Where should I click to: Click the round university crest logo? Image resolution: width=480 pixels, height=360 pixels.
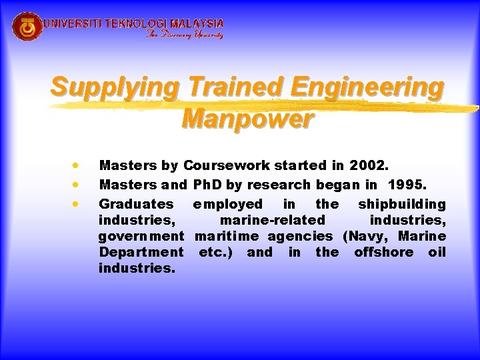tap(27, 26)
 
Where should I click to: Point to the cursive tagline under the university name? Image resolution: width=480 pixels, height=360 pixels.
tap(185, 35)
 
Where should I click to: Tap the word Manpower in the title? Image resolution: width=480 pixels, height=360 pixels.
tap(247, 119)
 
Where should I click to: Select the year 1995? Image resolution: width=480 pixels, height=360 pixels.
tap(405, 185)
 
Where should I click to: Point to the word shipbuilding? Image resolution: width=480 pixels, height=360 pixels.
tap(401, 204)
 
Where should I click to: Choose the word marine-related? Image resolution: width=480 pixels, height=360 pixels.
tap(273, 220)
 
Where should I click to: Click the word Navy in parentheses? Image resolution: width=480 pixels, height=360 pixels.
tap(368, 236)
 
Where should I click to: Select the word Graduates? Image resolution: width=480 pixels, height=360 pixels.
tap(136, 204)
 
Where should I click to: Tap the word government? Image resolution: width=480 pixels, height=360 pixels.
tap(141, 236)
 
